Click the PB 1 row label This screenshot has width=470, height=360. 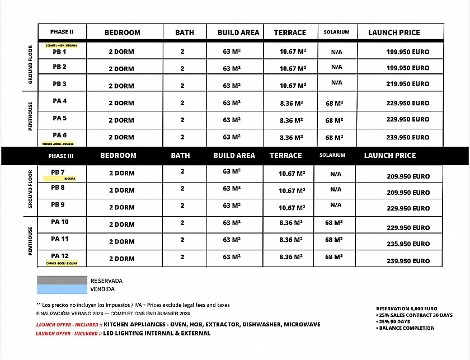pyautogui.click(x=59, y=52)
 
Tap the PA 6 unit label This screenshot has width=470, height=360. pyautogui.click(x=59, y=135)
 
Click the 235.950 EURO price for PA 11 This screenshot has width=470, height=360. pyautogui.click(x=408, y=244)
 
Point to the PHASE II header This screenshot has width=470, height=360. pyautogui.click(x=62, y=32)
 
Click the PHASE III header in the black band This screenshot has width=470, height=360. pyautogui.click(x=62, y=156)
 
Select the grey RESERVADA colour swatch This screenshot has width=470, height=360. pyautogui.click(x=62, y=280)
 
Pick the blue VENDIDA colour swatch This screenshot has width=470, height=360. pyautogui.click(x=62, y=289)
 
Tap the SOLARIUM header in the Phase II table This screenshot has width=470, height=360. pyautogui.click(x=336, y=32)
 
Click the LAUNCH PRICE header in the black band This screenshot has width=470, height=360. pyautogui.click(x=390, y=155)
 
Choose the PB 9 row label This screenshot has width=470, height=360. pyautogui.click(x=58, y=205)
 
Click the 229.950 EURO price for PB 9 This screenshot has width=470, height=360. pyautogui.click(x=408, y=208)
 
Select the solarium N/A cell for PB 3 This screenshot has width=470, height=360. pyautogui.click(x=336, y=82)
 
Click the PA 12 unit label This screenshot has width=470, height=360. pyautogui.click(x=60, y=256)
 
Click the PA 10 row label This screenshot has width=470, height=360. pyautogui.click(x=60, y=222)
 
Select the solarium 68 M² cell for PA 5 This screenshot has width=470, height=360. pyautogui.click(x=334, y=120)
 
